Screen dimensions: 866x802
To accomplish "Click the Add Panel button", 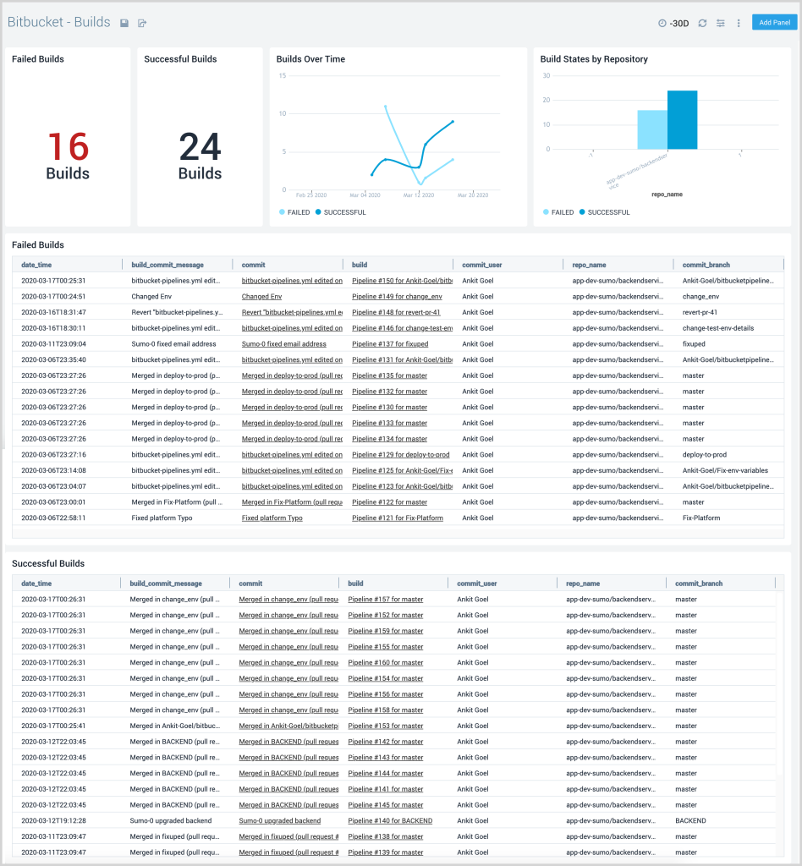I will (774, 22).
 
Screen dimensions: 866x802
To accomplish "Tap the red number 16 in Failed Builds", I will (68, 147).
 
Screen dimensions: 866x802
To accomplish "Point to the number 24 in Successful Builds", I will (200, 148).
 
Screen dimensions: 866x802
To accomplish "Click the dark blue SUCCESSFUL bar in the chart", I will (682, 120).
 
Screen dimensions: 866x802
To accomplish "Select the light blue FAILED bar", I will (651, 129).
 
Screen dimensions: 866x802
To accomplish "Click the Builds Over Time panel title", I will (310, 59).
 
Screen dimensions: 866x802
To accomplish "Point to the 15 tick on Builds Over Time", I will (283, 76).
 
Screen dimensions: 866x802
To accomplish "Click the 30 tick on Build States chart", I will (547, 76).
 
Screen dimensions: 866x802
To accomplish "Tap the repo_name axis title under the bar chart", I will (667, 195).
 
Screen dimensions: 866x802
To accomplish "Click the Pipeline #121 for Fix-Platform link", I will (397, 518).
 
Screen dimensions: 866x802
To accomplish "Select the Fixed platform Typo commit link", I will (272, 518).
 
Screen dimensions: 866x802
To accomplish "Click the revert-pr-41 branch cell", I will (699, 312).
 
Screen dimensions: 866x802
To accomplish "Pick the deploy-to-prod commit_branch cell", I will (704, 455).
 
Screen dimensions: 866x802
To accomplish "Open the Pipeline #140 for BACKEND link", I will (390, 821).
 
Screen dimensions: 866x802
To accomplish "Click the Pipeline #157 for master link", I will (386, 600).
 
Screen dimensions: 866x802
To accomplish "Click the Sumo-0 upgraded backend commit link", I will (279, 821).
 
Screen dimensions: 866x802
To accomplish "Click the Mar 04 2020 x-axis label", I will (365, 195).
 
